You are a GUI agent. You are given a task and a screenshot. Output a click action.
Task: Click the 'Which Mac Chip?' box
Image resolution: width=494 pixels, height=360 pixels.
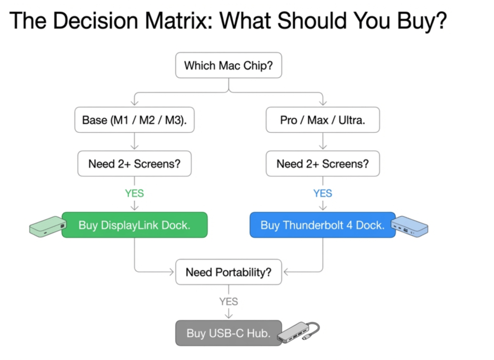228,65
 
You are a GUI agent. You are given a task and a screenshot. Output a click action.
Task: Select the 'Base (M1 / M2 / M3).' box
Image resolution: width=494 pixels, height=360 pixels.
135,120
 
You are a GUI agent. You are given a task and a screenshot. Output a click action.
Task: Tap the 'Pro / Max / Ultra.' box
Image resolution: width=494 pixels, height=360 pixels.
323,120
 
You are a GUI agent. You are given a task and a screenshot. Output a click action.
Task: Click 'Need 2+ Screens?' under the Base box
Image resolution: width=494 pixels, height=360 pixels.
135,164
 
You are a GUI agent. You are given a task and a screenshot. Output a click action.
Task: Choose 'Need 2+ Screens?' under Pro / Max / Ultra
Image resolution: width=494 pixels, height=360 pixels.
323,164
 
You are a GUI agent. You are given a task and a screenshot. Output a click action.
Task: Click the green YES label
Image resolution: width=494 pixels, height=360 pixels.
135,193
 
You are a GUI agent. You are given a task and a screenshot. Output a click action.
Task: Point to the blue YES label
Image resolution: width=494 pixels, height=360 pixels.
323,193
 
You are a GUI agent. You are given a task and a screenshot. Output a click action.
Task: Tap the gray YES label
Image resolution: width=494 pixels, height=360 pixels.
229,302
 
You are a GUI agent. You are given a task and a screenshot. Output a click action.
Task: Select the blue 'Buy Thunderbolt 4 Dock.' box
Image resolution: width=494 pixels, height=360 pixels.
323,225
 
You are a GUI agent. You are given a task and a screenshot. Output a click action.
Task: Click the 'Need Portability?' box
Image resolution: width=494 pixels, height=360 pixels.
228,272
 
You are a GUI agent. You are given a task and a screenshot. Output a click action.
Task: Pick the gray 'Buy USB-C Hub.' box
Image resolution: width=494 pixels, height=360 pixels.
228,333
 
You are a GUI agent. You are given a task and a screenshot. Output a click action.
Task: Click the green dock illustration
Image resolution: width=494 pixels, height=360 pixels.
48,226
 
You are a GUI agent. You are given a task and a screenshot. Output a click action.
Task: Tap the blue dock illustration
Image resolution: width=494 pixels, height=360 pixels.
409,226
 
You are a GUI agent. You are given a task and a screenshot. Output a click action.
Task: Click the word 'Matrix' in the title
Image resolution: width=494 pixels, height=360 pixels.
178,21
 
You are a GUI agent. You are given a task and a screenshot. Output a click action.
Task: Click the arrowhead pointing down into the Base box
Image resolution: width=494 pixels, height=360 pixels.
135,102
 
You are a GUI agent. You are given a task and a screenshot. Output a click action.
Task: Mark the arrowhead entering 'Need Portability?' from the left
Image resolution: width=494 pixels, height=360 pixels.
171,272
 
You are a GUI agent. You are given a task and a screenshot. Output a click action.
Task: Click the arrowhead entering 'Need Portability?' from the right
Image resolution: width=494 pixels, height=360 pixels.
287,272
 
